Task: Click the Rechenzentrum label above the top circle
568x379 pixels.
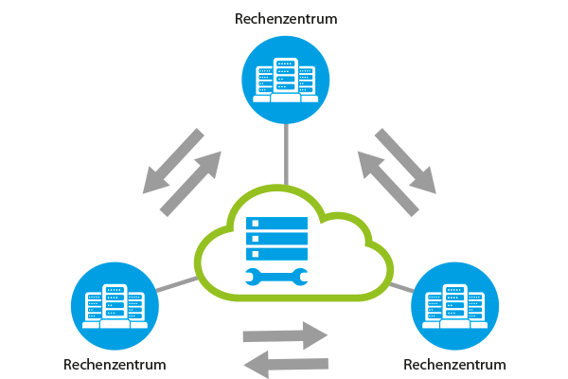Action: pyautogui.click(x=286, y=19)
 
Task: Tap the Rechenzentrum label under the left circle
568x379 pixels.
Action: pyautogui.click(x=115, y=365)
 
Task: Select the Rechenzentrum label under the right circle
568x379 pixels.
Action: pyautogui.click(x=454, y=365)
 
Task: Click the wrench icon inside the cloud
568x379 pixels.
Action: pyautogui.click(x=276, y=277)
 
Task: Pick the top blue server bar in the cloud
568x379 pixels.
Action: pyautogui.click(x=276, y=223)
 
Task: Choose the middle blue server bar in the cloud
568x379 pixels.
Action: pyautogui.click(x=276, y=238)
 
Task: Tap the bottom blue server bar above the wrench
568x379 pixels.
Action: pyautogui.click(x=276, y=254)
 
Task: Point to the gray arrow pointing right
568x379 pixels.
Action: pyautogui.click(x=285, y=335)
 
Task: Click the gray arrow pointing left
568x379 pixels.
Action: pyautogui.click(x=286, y=364)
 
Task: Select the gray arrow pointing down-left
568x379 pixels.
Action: pyautogui.click(x=173, y=161)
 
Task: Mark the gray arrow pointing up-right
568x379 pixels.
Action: pyautogui.click(x=190, y=184)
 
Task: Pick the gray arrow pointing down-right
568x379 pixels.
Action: pyautogui.click(x=405, y=161)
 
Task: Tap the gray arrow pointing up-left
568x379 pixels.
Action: pyautogui.click(x=388, y=184)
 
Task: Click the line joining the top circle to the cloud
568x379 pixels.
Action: pyautogui.click(x=286, y=154)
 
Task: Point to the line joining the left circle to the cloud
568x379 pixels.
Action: pyautogui.click(x=177, y=284)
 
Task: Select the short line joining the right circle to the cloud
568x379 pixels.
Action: pyautogui.click(x=401, y=288)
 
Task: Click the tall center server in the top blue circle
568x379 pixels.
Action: pyautogui.click(x=286, y=77)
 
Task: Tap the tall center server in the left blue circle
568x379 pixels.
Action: pyautogui.click(x=115, y=303)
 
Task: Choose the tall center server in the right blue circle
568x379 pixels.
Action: pyautogui.click(x=455, y=303)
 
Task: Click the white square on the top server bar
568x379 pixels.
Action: pyautogui.click(x=256, y=223)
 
